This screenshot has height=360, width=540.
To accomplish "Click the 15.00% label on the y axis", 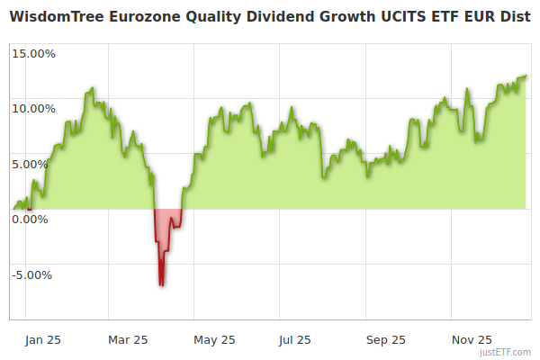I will click(x=33, y=53).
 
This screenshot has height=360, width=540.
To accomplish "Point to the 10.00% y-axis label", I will click(x=33, y=109).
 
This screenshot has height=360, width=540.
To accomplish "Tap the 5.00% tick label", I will click(x=36, y=164).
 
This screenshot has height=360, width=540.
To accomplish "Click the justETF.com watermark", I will click(x=505, y=352).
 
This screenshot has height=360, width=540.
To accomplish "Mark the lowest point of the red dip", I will click(x=161, y=285).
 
